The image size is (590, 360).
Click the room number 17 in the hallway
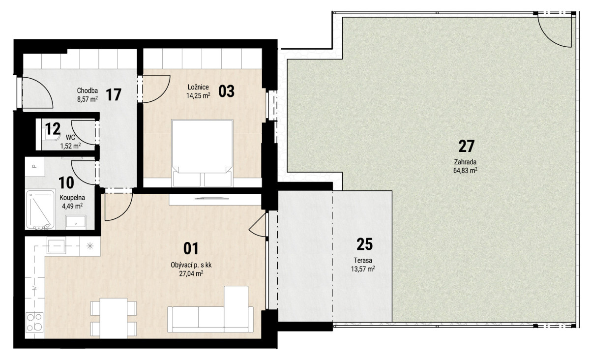(114, 95)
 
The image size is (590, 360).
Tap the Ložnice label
(198, 87)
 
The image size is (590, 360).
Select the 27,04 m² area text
(191, 273)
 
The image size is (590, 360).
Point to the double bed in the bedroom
(202, 153)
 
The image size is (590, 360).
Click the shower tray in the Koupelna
(40, 210)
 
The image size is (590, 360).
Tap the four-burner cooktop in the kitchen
(34, 322)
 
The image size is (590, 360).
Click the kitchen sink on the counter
(56, 245)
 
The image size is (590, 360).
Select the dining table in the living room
(114, 318)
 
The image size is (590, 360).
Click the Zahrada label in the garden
(465, 162)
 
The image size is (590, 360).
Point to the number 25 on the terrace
(364, 244)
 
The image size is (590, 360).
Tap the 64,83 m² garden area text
(466, 171)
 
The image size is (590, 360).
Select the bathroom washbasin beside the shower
(76, 221)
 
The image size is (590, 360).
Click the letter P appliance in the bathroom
(34, 166)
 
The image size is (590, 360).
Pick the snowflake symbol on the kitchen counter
(90, 246)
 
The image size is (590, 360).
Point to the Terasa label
(363, 260)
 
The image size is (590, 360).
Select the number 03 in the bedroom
(226, 91)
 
